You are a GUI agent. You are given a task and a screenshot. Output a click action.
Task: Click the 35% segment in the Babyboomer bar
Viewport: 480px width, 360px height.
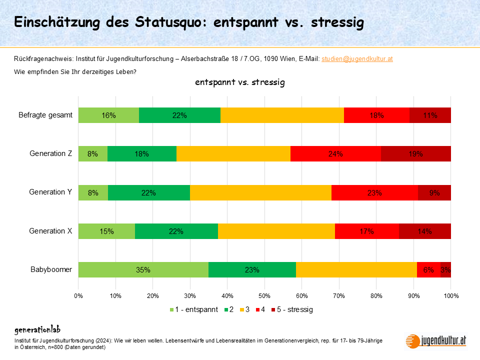(143, 269)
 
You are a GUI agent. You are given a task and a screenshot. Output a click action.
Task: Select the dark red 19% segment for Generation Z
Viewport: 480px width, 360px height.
(416, 154)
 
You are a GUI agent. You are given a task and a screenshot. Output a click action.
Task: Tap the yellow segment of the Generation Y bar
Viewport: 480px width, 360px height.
(260, 192)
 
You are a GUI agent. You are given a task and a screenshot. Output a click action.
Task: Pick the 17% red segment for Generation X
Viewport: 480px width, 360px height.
(366, 231)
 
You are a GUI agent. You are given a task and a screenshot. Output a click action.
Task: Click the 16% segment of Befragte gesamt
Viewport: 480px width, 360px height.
(108, 115)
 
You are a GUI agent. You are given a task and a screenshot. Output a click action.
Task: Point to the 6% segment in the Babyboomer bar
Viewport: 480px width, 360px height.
(428, 269)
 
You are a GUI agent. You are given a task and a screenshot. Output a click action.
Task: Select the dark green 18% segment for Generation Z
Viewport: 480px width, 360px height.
(142, 154)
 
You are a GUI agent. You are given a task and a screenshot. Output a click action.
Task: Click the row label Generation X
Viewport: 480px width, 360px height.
(51, 231)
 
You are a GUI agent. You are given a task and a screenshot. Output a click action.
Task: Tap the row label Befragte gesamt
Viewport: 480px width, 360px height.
(46, 115)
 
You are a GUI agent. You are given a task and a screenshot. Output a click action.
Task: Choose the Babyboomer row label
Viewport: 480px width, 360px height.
(52, 269)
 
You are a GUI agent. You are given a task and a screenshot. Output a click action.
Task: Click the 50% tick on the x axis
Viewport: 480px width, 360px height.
(264, 295)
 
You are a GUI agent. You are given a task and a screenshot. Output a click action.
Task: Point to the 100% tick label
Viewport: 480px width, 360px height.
(450, 295)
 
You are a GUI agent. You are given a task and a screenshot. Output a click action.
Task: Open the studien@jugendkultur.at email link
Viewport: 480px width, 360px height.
(357, 59)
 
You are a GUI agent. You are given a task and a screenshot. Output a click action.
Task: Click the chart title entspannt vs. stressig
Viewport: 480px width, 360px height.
(240, 82)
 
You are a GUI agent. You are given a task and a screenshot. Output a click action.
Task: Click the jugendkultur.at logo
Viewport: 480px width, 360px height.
(437, 340)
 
